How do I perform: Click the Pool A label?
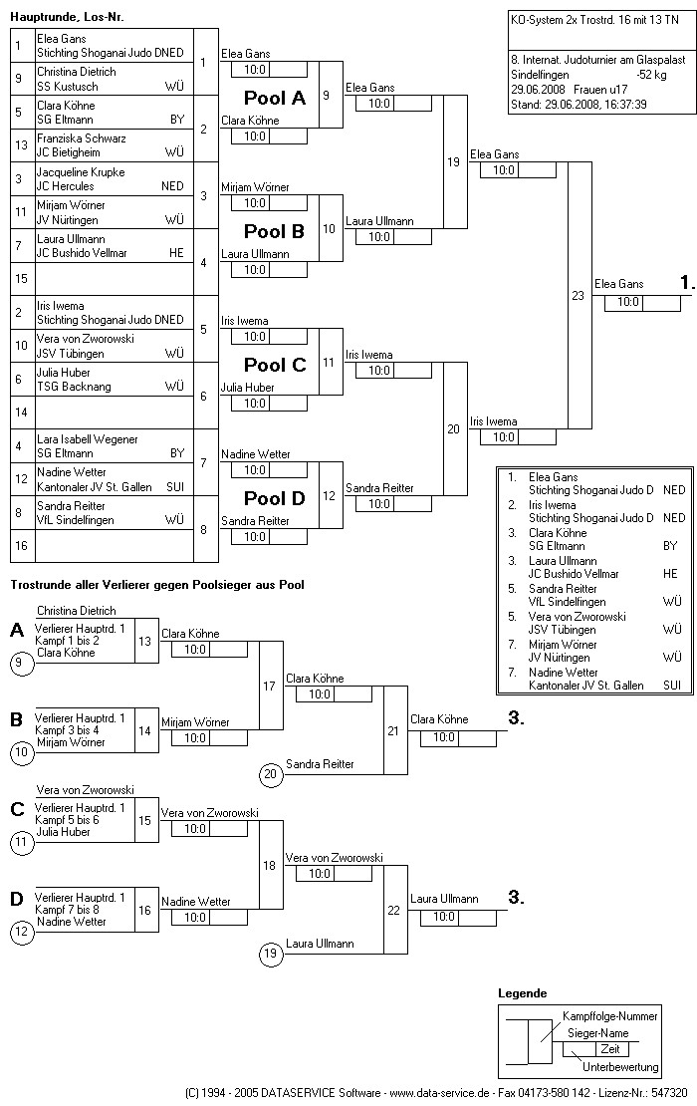pos(275,98)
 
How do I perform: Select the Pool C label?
pos(275,365)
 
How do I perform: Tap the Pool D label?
pos(275,498)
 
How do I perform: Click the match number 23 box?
pos(579,295)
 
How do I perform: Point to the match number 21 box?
pos(393,730)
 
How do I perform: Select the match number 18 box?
pos(269,866)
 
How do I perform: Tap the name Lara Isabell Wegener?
pos(88,439)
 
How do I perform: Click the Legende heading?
pos(522,993)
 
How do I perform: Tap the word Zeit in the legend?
pos(609,1049)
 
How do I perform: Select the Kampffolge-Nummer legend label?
pos(610,1016)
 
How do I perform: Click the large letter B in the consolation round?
pos(16,719)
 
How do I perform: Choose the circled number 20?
pos(269,773)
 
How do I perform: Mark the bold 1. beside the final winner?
pos(687,284)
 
